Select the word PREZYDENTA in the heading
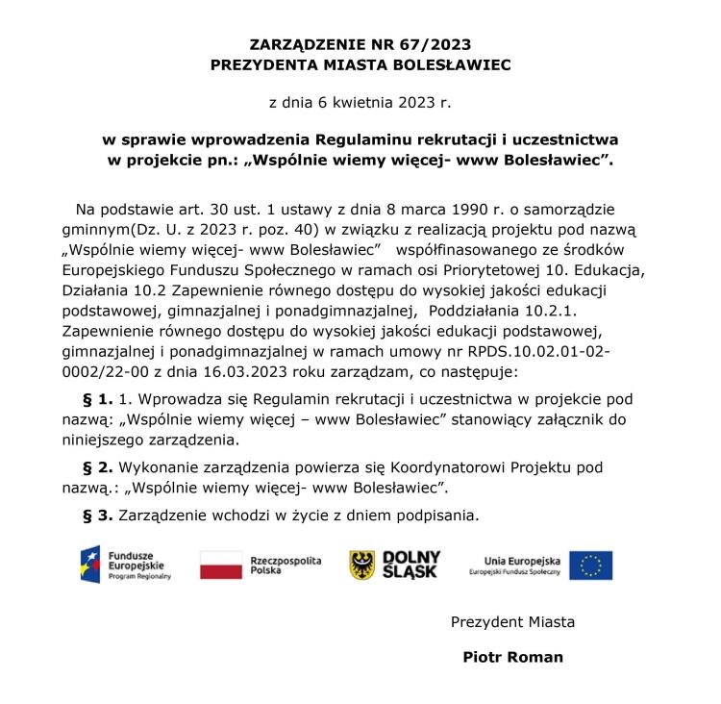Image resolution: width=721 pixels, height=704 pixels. point(264,65)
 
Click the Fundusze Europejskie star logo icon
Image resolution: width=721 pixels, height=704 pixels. point(91,565)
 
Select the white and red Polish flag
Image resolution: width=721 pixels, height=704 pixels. point(220,566)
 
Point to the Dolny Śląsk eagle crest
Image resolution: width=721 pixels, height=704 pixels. point(361,565)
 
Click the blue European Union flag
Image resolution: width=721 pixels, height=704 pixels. point(590,566)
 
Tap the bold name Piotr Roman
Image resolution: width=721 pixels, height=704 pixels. point(512,658)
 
